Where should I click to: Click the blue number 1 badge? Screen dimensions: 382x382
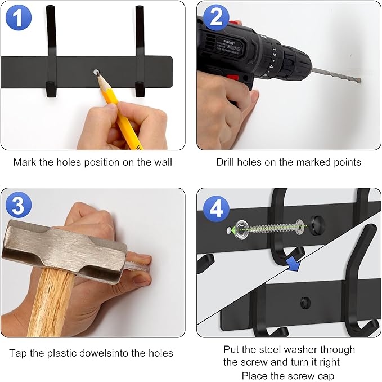click(x=19, y=17)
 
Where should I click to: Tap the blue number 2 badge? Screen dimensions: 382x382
click(x=216, y=17)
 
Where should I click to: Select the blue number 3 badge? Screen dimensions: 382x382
click(x=19, y=205)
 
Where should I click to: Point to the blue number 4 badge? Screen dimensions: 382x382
click(x=216, y=209)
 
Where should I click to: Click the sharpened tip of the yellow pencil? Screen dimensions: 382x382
click(x=98, y=74)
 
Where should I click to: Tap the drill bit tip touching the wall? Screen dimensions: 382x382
click(x=359, y=81)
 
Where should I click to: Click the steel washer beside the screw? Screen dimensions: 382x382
click(x=241, y=230)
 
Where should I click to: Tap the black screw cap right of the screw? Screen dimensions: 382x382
click(x=317, y=225)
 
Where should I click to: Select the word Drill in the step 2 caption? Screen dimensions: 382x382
click(x=226, y=162)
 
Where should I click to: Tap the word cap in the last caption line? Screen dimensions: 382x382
click(x=326, y=376)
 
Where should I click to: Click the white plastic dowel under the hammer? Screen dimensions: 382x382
click(x=137, y=268)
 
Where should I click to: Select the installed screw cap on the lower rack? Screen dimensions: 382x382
click(x=305, y=303)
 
